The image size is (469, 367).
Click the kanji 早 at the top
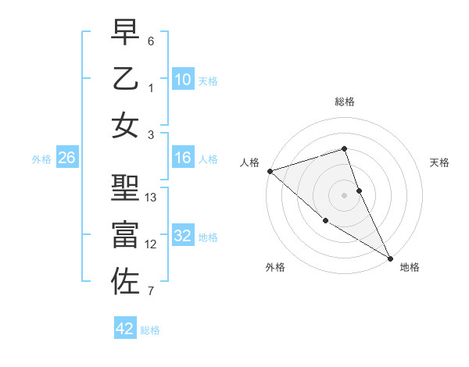click(x=125, y=34)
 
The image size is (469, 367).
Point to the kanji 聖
click(x=125, y=191)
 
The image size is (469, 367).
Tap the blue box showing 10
click(x=182, y=80)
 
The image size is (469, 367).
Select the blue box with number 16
click(x=182, y=159)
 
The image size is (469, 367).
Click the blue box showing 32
click(x=182, y=236)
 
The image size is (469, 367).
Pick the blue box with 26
click(x=66, y=159)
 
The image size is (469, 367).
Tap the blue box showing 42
click(x=125, y=329)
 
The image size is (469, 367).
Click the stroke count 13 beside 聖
click(x=152, y=198)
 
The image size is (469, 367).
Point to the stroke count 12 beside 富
click(x=152, y=244)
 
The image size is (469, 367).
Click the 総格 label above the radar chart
click(x=345, y=102)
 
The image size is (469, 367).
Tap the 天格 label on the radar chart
click(x=439, y=162)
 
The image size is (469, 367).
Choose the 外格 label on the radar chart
click(x=275, y=267)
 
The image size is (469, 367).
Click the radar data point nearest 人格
click(x=269, y=171)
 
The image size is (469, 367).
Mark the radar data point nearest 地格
click(x=390, y=258)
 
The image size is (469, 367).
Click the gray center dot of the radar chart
click(x=345, y=195)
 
